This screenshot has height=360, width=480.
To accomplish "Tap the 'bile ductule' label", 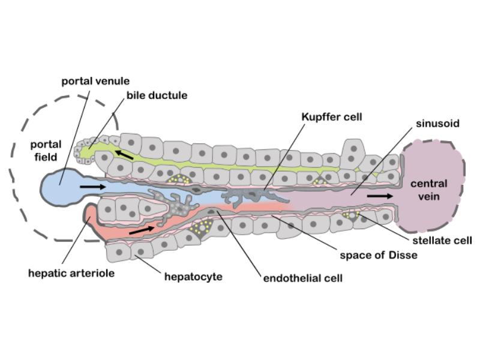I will [157, 95].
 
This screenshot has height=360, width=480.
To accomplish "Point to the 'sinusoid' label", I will [437, 124].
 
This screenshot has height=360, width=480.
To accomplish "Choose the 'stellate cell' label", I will [443, 241].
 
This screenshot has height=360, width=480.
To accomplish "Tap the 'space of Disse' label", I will [376, 254].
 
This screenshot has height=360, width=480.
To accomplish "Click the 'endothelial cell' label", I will [303, 278].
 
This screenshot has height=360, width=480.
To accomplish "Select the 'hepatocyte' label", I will [193, 277].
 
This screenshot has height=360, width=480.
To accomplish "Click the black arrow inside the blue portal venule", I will [91, 187].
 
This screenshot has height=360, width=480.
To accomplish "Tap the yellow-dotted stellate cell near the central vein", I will [351, 215].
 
